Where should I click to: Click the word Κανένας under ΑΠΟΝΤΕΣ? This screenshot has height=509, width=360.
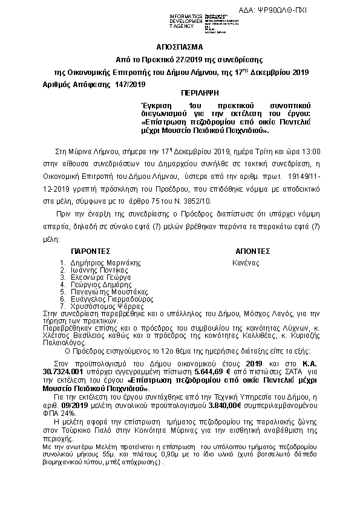click(246, 262)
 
